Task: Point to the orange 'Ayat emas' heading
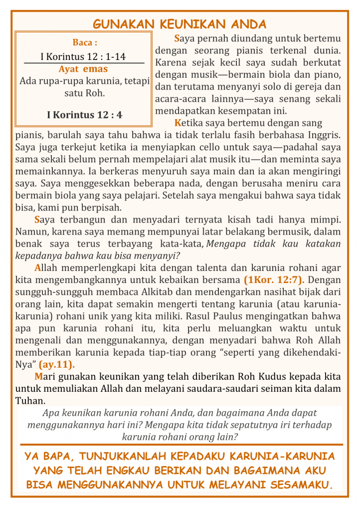pyautogui.click(x=83, y=69)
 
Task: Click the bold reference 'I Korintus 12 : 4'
pyautogui.click(x=84, y=115)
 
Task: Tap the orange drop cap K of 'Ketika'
pyautogui.click(x=178, y=123)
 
